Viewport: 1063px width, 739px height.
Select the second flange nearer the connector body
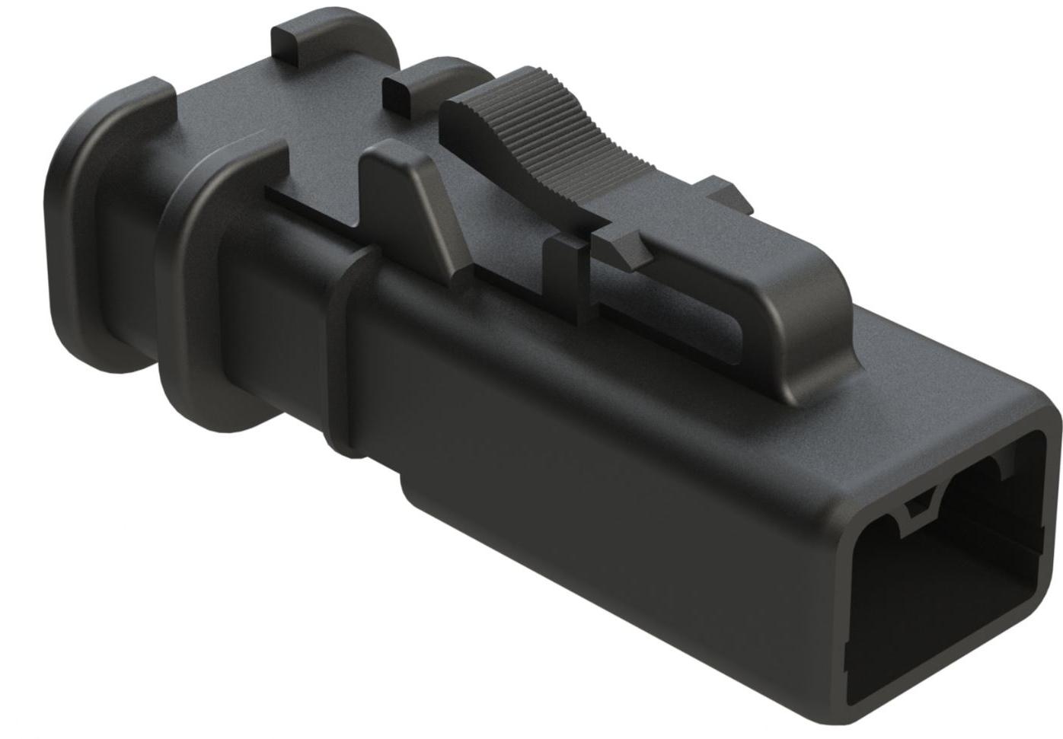[190, 304]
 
